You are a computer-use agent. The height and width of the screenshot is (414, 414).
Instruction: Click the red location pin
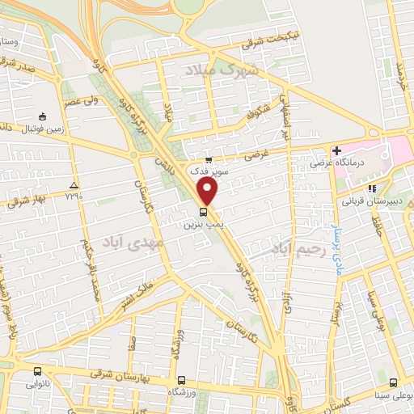coord(209,191)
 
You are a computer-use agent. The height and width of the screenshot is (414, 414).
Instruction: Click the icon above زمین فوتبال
coord(41,116)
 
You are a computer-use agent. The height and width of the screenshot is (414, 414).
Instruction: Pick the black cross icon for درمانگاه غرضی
coord(336,150)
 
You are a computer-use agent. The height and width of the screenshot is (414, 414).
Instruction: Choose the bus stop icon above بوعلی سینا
coord(393,382)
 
